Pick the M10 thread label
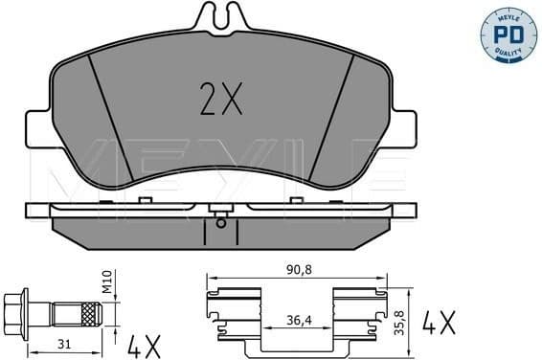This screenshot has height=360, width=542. [x=108, y=284]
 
